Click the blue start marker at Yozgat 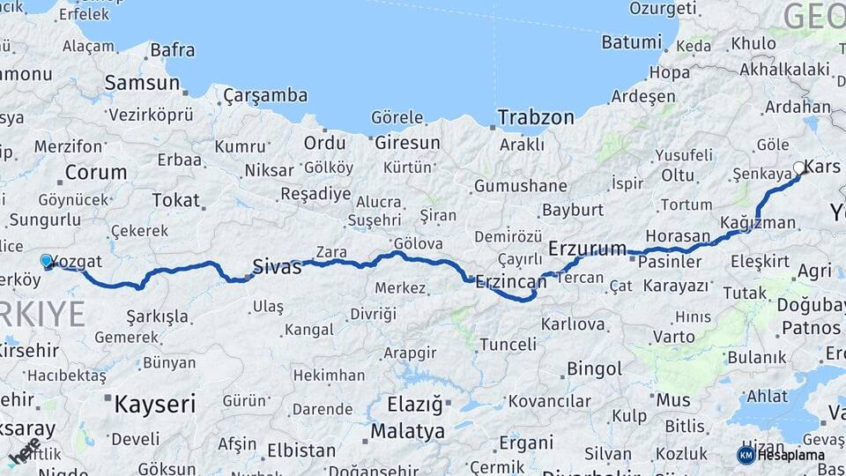click(x=47, y=261)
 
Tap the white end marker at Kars click(x=799, y=167)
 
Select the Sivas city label click(x=277, y=266)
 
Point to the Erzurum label click(x=587, y=248)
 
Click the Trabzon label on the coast click(x=535, y=117)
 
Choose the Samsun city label click(x=142, y=83)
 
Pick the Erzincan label click(x=510, y=282)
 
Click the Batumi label click(x=631, y=42)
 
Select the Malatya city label click(x=407, y=432)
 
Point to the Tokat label click(x=175, y=200)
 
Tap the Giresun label click(x=407, y=143)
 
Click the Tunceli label click(x=506, y=345)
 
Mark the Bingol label click(x=594, y=368)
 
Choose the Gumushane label click(x=520, y=186)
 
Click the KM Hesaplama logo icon click(x=746, y=455)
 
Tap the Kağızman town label click(x=757, y=223)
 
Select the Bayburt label click(x=573, y=210)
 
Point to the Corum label click(x=96, y=172)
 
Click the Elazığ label click(x=414, y=405)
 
